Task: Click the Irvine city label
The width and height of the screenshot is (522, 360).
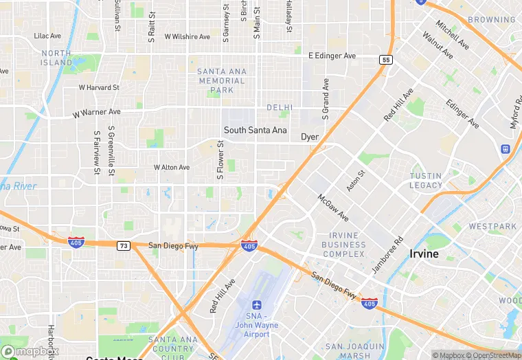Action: (424, 254)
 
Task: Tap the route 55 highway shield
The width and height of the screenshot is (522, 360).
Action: (386, 60)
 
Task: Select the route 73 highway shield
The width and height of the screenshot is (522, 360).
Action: (123, 245)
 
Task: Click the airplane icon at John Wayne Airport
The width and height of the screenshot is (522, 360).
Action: (257, 304)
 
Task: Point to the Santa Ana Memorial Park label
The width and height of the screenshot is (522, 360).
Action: (221, 80)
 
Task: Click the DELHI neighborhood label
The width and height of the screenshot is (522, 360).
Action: (280, 108)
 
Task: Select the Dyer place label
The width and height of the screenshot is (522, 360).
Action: (310, 137)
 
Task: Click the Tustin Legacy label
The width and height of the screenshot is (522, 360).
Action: (427, 181)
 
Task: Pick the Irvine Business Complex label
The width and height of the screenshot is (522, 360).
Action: (343, 245)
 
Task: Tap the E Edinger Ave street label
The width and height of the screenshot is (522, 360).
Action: (332, 56)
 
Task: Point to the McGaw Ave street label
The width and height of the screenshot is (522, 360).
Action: (333, 207)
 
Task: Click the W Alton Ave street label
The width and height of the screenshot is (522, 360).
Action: (172, 168)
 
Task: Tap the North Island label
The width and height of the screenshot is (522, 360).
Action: (56, 58)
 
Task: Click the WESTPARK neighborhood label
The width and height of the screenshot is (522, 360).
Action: (492, 226)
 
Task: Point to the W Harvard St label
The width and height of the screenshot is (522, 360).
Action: (99, 88)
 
